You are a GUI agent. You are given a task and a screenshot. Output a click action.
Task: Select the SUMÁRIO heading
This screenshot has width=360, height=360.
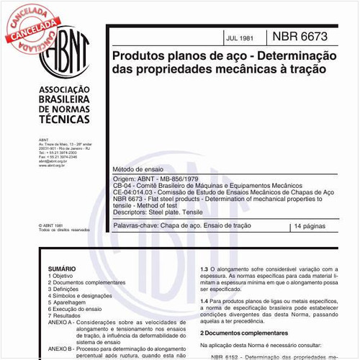click(x=61, y=266)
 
